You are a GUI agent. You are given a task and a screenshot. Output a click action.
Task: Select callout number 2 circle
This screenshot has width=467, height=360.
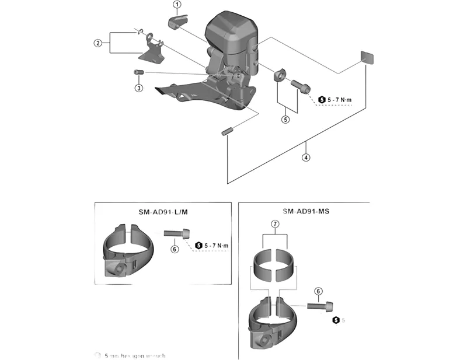[98, 43]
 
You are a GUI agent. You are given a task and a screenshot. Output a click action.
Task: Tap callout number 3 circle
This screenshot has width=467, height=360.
[138, 88]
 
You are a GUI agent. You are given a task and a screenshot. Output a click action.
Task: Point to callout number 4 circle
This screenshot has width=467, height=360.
[306, 157]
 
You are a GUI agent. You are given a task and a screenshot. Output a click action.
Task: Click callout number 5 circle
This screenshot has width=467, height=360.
[285, 120]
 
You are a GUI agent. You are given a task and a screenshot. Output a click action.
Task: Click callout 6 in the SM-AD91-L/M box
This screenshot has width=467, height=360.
[173, 249]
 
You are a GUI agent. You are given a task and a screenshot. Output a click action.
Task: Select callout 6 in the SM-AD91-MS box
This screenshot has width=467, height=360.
[318, 291]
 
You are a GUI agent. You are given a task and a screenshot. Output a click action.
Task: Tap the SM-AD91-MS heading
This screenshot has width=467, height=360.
[305, 212]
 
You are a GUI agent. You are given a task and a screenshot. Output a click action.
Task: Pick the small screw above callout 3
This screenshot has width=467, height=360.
[139, 72]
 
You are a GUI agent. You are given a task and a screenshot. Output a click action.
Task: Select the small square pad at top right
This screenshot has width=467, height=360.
[367, 57]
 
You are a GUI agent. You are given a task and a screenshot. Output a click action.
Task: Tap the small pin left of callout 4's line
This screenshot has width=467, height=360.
[227, 131]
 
